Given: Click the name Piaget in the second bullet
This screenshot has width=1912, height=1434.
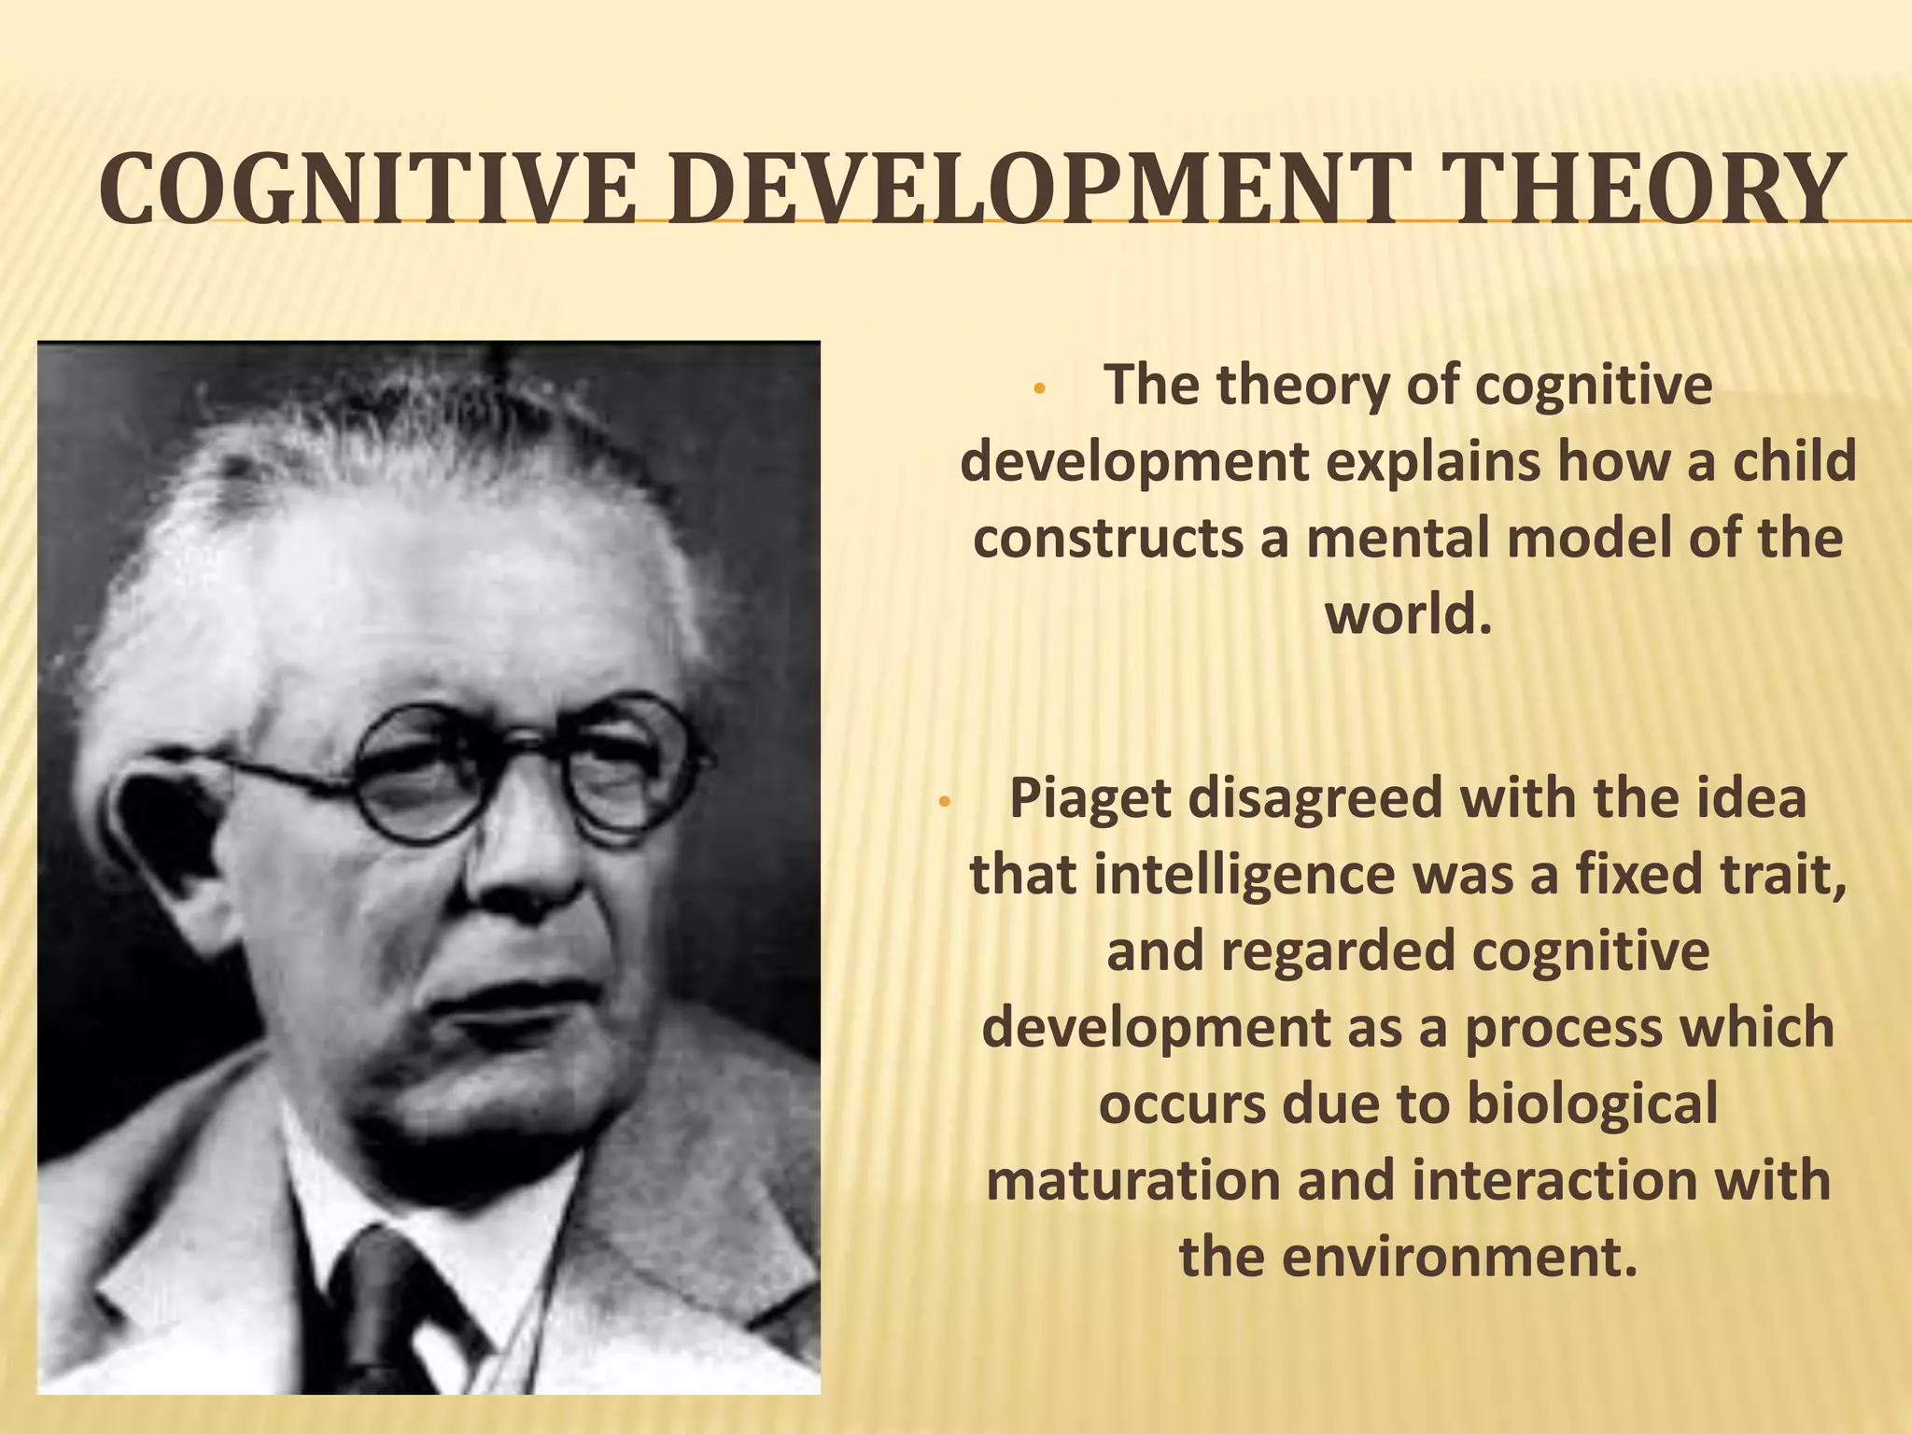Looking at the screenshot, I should (x=1089, y=799).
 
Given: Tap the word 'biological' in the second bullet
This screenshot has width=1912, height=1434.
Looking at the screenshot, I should (x=1592, y=1104).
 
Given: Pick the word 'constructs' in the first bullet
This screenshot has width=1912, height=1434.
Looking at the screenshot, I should (x=1106, y=539).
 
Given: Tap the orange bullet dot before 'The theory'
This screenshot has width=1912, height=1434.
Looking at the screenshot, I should (x=1043, y=391).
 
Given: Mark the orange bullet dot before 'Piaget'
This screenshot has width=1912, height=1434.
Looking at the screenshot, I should (x=944, y=803).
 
